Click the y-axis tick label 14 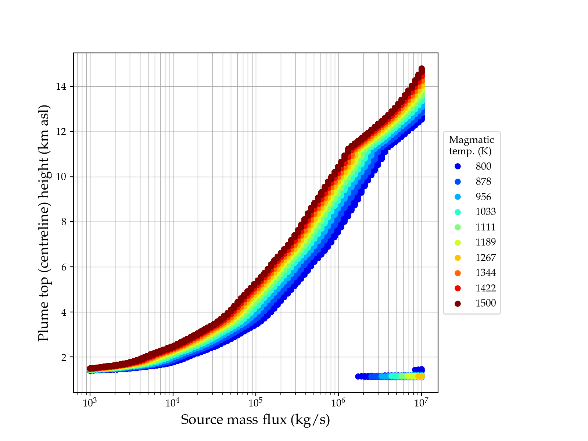(61, 87)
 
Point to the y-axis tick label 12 (61, 132)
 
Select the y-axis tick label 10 (61, 177)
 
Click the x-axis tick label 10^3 (90, 403)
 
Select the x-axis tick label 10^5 (255, 403)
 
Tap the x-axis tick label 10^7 (421, 403)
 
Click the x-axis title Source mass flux (255, 420)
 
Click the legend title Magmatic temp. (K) (471, 145)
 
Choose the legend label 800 (483, 166)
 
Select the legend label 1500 (485, 303)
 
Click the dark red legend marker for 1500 (458, 304)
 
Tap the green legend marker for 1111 (458, 227)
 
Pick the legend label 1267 (485, 258)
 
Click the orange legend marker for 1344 (458, 273)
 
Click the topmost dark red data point (422, 69)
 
